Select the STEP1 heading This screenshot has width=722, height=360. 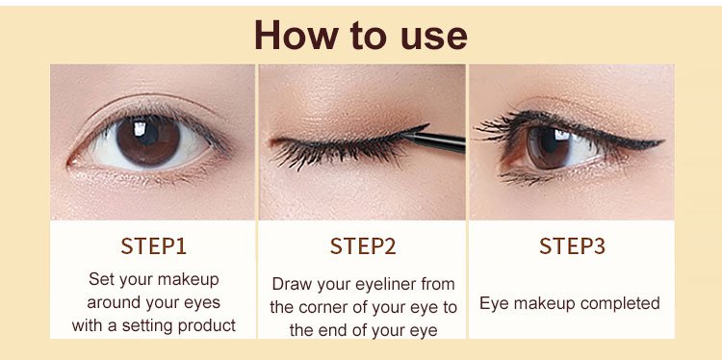click(x=153, y=246)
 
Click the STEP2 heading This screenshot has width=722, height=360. click(x=363, y=246)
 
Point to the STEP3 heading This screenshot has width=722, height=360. click(x=572, y=246)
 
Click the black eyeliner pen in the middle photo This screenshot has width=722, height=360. click(x=434, y=141)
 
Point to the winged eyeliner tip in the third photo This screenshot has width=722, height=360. click(x=663, y=141)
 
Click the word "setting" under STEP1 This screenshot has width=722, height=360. click(x=148, y=326)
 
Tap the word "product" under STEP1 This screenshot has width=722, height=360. click(x=208, y=326)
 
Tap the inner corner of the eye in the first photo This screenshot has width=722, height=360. click(x=71, y=163)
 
